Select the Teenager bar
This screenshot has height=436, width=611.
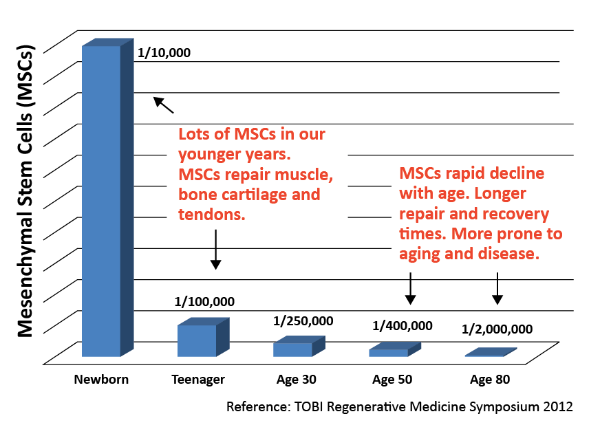pos(204,337)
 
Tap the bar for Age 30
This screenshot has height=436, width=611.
pos(299,347)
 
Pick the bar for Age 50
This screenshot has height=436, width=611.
pos(395,349)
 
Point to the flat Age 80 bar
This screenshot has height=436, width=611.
pos(491,352)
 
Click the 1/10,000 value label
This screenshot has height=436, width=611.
pos(164,52)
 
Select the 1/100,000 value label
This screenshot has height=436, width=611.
pos(204,302)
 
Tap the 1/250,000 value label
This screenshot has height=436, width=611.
pos(303,321)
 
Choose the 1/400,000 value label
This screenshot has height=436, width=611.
pos(402,326)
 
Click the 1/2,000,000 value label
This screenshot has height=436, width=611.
pos(497,329)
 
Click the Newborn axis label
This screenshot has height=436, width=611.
pos(101,380)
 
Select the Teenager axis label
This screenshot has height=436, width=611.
pos(198,380)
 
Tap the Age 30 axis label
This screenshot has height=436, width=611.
pos(297,380)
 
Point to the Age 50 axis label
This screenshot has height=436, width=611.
pos(392,380)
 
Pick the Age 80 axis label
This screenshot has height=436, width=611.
pos(490,380)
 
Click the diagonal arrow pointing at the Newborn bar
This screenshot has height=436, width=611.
pos(163,105)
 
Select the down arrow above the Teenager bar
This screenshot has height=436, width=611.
pos(215,250)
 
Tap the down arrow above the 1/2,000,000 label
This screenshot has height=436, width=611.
pos(497,289)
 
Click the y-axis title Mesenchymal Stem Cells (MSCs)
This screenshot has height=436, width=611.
pos(25,191)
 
